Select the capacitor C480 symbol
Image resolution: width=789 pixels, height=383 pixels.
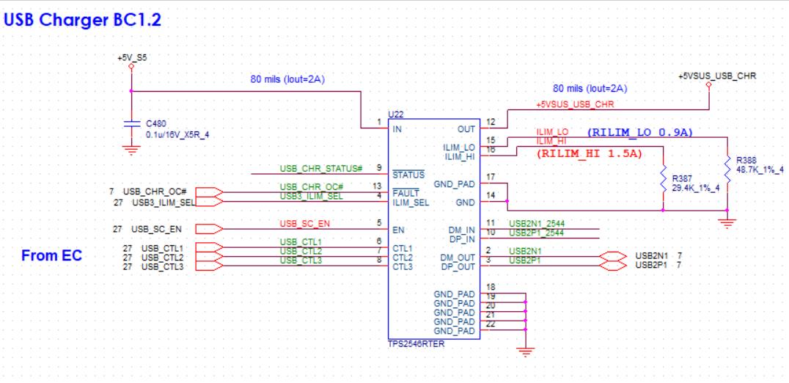tap(131, 125)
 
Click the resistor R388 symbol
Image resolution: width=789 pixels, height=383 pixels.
tap(726, 164)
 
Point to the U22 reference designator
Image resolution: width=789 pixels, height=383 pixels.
tap(396, 114)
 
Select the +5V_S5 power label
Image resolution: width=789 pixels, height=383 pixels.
tap(131, 56)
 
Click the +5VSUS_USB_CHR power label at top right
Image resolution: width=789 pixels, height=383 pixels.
tap(716, 76)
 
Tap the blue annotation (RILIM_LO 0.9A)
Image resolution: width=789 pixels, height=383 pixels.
tap(640, 132)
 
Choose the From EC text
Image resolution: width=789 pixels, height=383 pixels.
tap(52, 256)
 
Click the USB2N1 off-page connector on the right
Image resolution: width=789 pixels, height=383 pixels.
tap(614, 255)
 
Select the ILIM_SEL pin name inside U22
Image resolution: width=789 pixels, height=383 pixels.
tap(411, 203)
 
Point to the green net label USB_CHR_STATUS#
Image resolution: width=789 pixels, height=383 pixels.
tap(321, 169)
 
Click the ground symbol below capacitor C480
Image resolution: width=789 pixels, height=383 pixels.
tap(131, 151)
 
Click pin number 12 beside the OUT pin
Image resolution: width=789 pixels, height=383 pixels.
tap(491, 122)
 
